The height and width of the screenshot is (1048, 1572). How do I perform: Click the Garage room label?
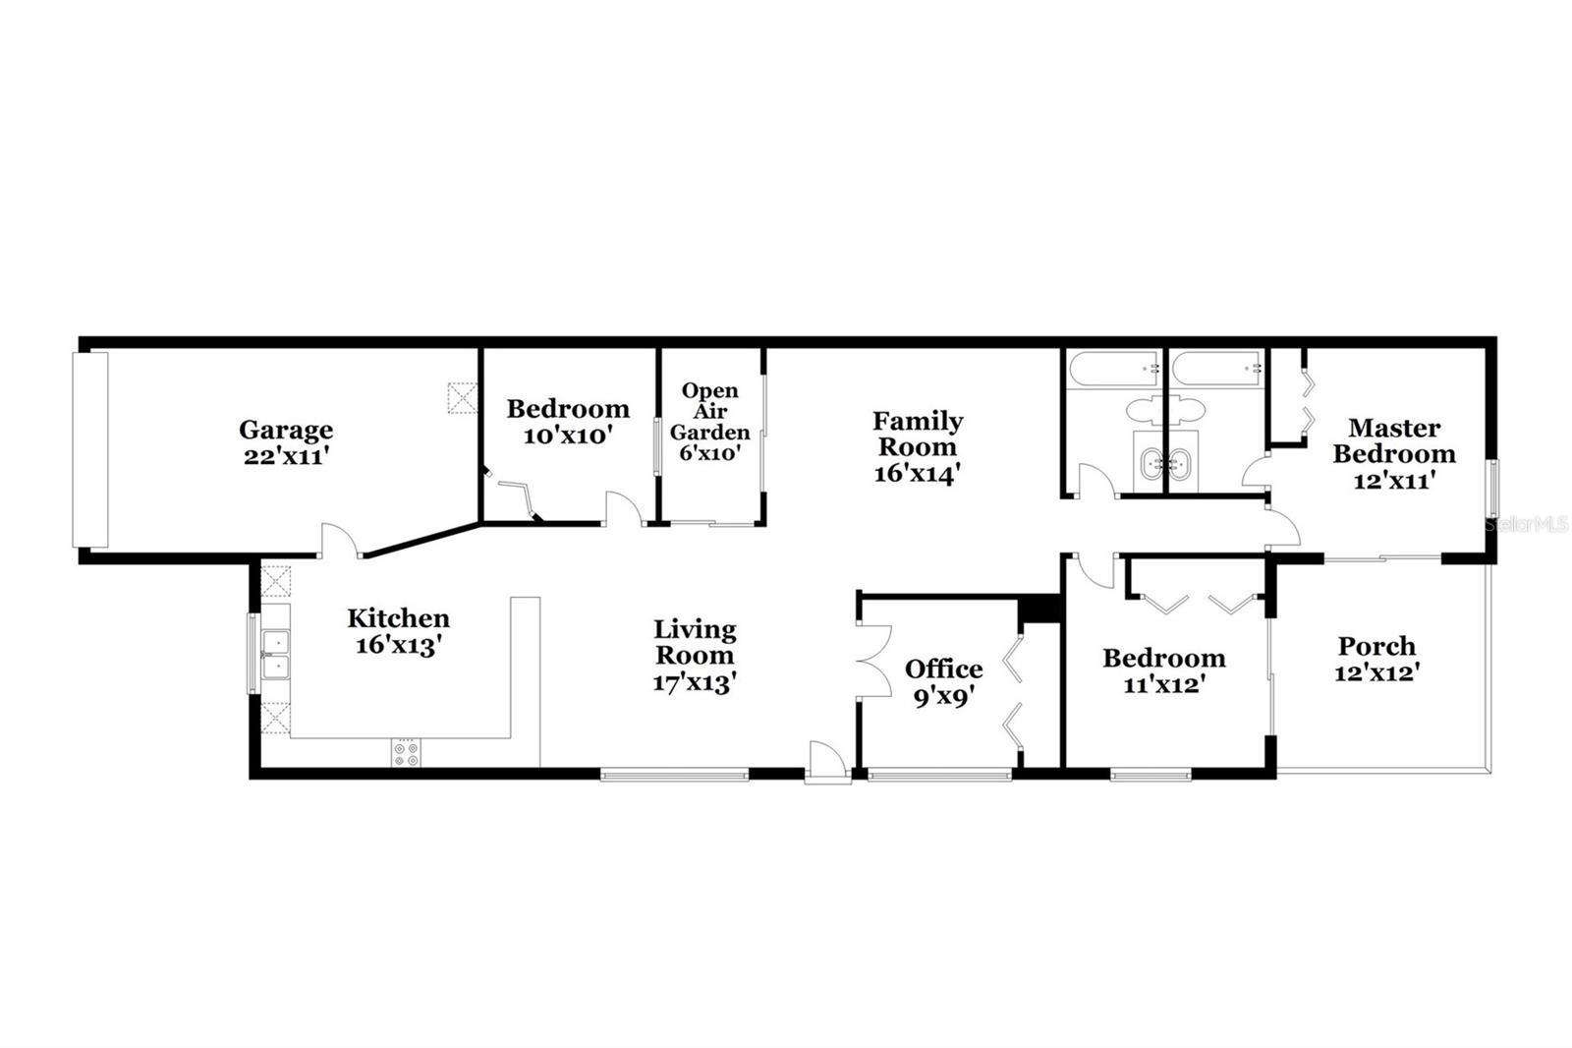tap(286, 442)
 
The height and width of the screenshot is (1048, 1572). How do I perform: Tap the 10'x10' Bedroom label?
tap(568, 421)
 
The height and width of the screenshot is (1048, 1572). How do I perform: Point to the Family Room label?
tap(918, 446)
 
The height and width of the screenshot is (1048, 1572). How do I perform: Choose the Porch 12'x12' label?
tap(1377, 659)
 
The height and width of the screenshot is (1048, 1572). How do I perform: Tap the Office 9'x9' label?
tap(943, 681)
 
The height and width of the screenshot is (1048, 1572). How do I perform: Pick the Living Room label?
tap(695, 655)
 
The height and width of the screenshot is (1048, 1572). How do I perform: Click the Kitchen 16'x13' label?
tap(398, 631)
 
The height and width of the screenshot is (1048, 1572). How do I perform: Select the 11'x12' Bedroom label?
tap(1163, 670)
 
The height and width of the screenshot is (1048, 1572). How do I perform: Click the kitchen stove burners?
tap(406, 752)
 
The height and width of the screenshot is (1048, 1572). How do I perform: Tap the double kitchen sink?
tap(276, 655)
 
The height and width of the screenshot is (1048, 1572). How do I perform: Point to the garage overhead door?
tap(91, 449)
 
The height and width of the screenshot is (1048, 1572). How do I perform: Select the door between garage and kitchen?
tap(339, 540)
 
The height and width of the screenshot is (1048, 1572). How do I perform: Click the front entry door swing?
tap(825, 762)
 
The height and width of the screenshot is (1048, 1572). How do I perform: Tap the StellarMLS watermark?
tap(1527, 525)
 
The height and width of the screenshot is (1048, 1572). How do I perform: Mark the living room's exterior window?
tap(674, 775)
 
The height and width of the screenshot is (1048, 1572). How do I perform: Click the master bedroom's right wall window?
tap(1492, 489)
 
